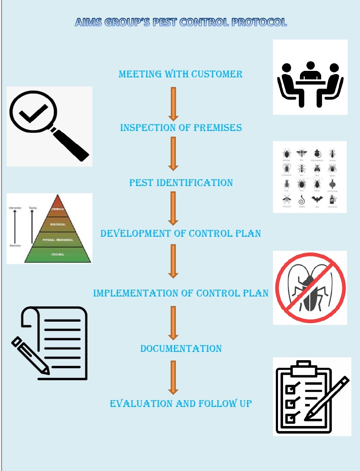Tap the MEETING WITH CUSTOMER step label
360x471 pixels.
181,74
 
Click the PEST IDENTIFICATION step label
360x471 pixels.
181,183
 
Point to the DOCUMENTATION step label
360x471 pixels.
181,349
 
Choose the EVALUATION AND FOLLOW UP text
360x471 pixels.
181,404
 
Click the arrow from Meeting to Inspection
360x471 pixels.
173,104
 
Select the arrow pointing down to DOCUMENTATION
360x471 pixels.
173,323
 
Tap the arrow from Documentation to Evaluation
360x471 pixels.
173,377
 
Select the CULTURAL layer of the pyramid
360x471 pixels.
58,254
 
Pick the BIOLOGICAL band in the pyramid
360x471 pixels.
58,224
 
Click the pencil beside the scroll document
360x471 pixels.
30,356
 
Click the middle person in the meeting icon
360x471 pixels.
310,72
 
